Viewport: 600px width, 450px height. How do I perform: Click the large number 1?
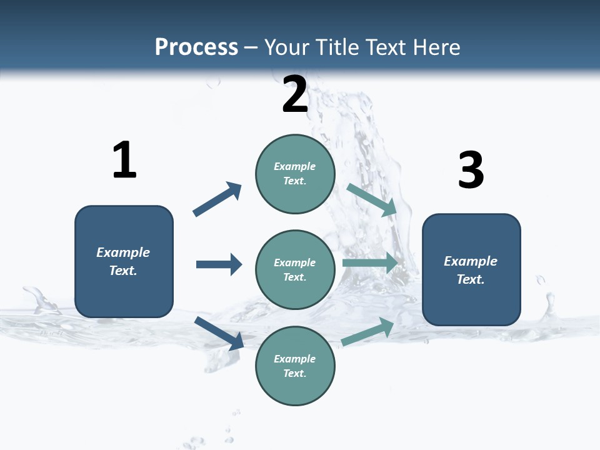tap(124, 160)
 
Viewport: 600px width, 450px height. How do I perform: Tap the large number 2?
tap(295, 94)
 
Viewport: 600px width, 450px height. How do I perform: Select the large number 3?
tap(471, 170)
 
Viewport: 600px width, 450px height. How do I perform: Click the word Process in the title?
tap(196, 47)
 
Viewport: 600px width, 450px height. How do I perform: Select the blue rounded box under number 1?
tap(124, 261)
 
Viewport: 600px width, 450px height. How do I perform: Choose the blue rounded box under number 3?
tap(471, 269)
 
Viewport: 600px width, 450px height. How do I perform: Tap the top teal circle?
tap(295, 174)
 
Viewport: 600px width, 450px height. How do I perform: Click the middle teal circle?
tap(295, 269)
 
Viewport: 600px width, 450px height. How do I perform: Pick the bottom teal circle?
tap(295, 366)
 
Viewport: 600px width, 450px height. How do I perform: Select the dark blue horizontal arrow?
tap(219, 264)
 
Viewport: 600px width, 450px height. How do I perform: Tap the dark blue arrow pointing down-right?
tap(219, 333)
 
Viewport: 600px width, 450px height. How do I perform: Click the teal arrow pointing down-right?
tap(372, 199)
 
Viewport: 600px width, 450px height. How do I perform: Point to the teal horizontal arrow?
tap(370, 262)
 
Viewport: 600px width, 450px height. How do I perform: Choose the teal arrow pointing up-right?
tap(368, 331)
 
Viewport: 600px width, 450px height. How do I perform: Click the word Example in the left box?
tap(123, 252)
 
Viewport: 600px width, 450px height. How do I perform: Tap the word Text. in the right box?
tap(471, 279)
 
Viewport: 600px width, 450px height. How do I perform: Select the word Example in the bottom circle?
tap(295, 359)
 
